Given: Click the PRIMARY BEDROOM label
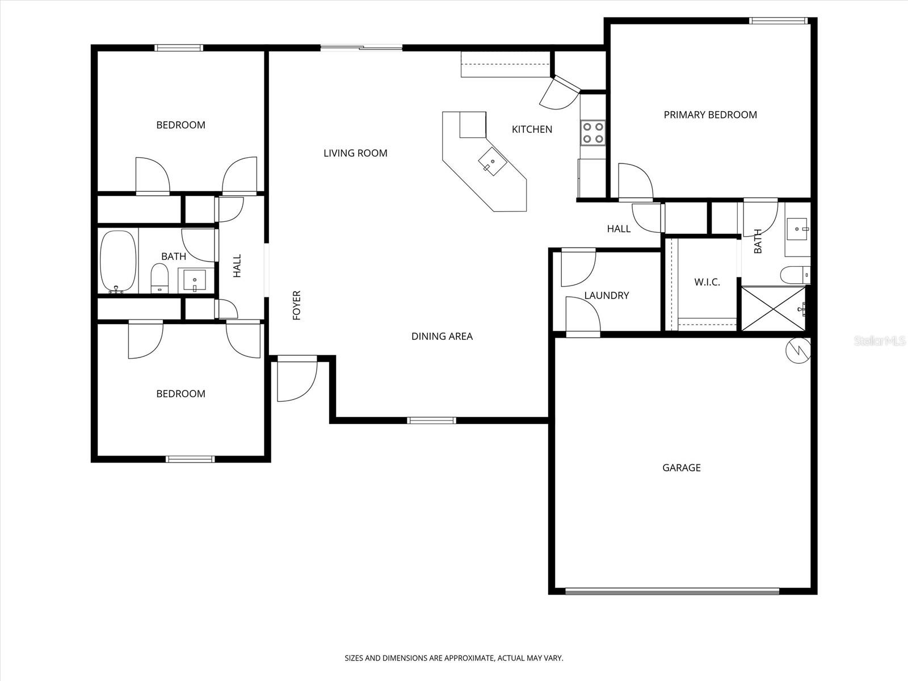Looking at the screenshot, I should tap(710, 115).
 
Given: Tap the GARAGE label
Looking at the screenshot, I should tap(681, 468).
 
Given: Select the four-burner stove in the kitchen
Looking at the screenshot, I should tap(593, 133).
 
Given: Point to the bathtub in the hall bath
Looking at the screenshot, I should tap(118, 261).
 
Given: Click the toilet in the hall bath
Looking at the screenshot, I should tap(160, 278).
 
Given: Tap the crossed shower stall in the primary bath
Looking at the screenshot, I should tap(773, 308).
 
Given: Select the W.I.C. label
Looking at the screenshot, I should tap(707, 282).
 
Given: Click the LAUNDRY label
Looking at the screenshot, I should tap(606, 295).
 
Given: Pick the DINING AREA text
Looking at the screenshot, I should tap(442, 337).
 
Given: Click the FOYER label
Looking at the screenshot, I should tap(296, 305).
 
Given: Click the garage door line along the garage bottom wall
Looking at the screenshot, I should tap(672, 591).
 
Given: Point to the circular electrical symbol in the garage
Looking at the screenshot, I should tap(797, 351).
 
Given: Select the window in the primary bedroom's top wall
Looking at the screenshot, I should tap(777, 21).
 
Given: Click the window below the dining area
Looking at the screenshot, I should tap(431, 421).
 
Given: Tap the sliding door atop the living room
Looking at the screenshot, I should tap(361, 48).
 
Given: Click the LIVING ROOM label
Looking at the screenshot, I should tap(355, 153).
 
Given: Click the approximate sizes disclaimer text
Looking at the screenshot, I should tap(454, 658).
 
